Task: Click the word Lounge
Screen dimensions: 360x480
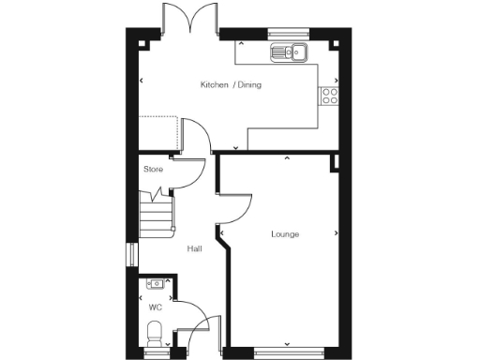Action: [285, 233]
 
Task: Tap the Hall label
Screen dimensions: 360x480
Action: [195, 248]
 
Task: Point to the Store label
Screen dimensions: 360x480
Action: [153, 170]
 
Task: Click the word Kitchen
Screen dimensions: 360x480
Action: [215, 85]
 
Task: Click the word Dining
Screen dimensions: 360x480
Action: [249, 85]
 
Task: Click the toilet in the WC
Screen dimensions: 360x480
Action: [157, 332]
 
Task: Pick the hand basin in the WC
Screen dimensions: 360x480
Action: [156, 284]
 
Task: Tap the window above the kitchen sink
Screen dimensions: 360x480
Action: [282, 34]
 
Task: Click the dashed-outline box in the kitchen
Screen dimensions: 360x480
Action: [159, 131]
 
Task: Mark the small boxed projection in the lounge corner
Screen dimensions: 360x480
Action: [335, 163]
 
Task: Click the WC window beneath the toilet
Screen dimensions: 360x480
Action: [157, 352]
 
